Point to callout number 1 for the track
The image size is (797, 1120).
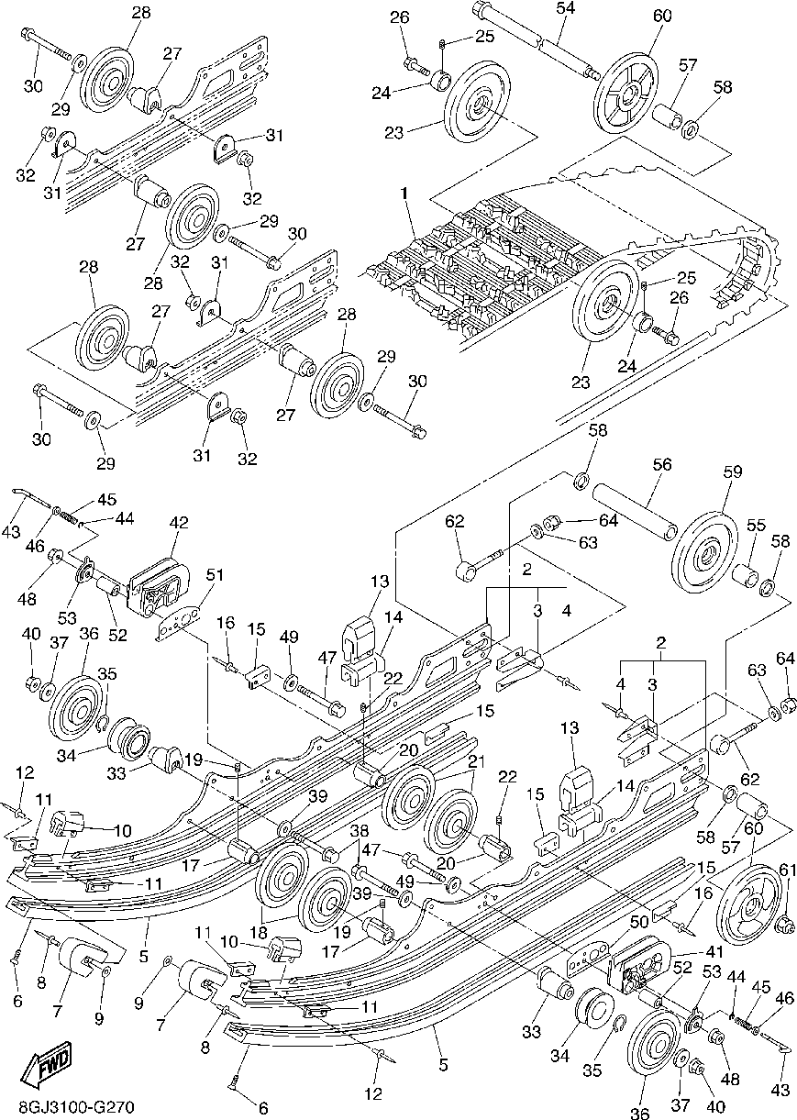[404, 194]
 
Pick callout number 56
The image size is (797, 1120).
[662, 464]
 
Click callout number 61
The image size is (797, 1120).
[788, 870]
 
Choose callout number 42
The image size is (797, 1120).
[179, 523]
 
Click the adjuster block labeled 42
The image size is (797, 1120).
[159, 586]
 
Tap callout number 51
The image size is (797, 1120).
[215, 575]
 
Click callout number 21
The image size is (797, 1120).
[476, 762]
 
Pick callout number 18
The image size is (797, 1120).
[259, 933]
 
